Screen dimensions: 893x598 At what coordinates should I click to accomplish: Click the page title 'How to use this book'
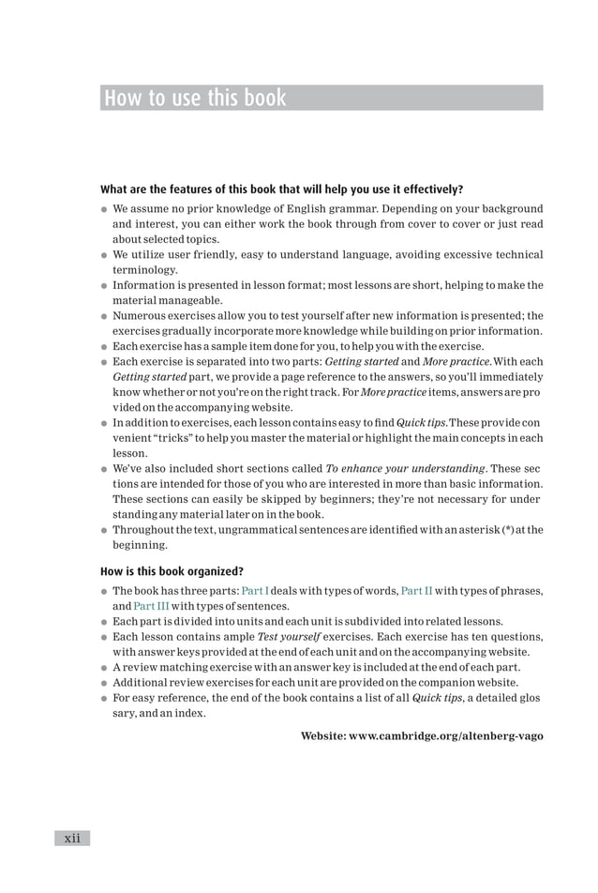[195, 98]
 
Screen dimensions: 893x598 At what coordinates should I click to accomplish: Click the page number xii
[72, 838]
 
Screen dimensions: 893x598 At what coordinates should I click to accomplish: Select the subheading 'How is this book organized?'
[172, 570]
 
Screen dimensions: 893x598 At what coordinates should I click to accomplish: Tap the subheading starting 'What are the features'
[281, 188]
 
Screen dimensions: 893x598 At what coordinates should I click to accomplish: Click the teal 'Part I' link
[255, 590]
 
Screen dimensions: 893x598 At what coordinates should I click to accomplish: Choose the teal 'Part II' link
[416, 590]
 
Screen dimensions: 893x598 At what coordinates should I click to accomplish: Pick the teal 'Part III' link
[151, 605]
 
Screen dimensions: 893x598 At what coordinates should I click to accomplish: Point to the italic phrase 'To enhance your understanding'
[406, 468]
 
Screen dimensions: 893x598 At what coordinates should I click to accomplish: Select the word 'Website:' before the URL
[321, 735]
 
